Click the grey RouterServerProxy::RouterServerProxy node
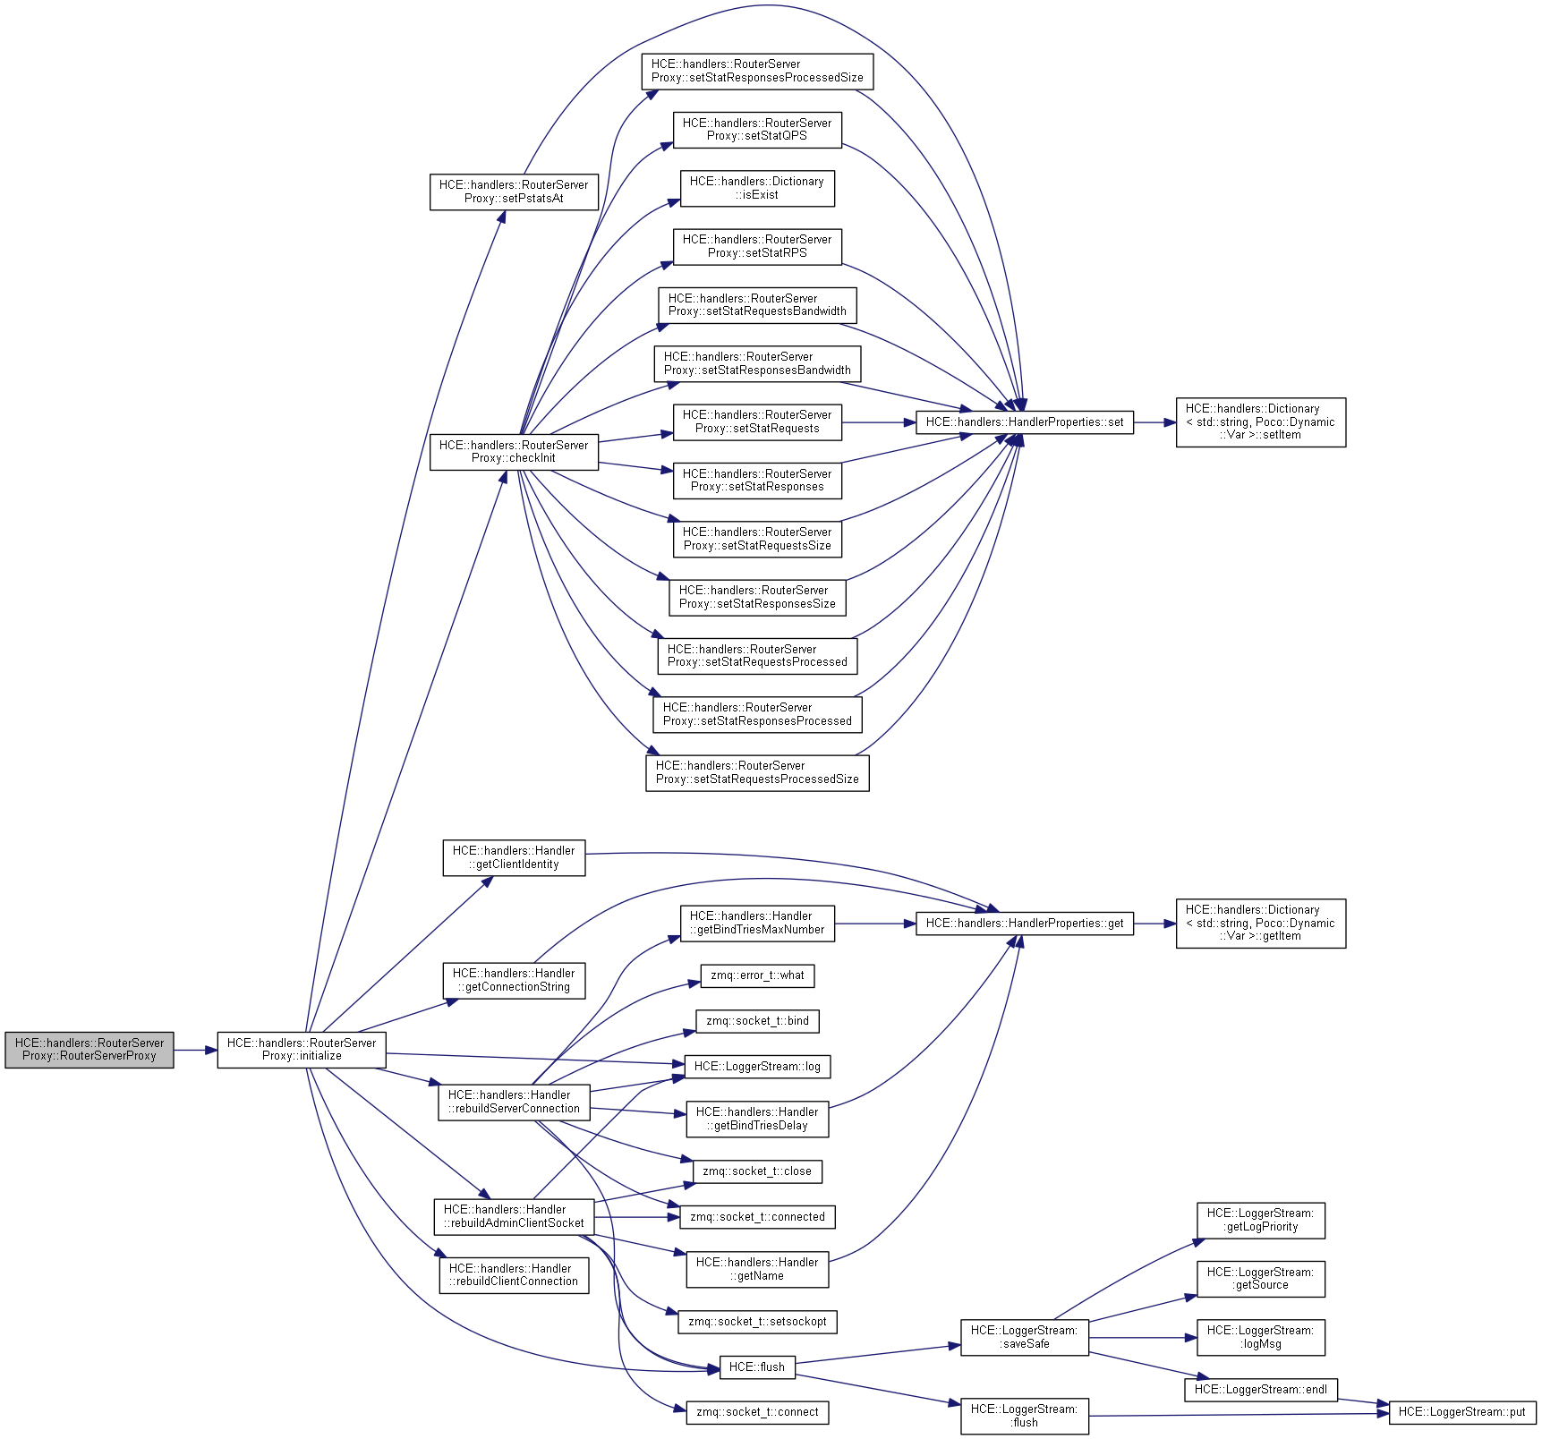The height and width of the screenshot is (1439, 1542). [89, 1049]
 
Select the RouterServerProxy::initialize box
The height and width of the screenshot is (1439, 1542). [302, 1049]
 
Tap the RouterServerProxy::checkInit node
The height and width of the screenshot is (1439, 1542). [514, 451]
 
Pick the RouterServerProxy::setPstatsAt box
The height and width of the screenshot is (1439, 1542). [514, 192]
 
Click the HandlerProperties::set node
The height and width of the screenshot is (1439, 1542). [1024, 422]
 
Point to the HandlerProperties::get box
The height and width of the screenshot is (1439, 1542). [1024, 923]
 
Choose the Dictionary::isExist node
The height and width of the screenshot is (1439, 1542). [757, 188]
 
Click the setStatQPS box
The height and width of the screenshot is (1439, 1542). [757, 129]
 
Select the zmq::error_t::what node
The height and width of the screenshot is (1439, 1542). [757, 975]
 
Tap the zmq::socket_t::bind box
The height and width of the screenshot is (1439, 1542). [757, 1021]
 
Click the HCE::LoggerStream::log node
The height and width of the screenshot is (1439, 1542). [757, 1066]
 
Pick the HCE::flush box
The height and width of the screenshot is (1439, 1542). [757, 1367]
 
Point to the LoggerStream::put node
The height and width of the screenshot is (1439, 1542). [1461, 1412]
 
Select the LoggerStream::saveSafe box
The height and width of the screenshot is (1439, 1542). [1024, 1337]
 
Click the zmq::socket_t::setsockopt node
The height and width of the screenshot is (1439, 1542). [757, 1321]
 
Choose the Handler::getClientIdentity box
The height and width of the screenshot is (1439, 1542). [514, 857]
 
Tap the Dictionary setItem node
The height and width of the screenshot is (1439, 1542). [1260, 422]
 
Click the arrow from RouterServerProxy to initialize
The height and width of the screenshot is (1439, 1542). [196, 1050]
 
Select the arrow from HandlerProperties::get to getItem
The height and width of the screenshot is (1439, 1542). [1154, 923]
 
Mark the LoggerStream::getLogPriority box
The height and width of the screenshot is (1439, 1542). [1260, 1220]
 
